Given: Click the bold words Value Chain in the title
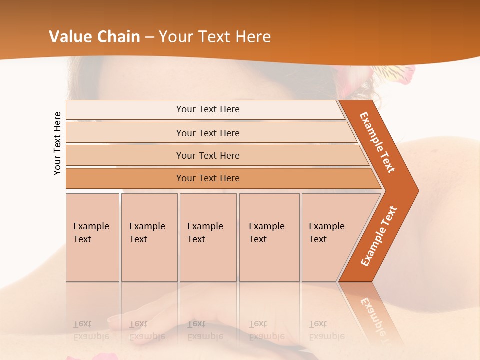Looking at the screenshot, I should tap(94, 37).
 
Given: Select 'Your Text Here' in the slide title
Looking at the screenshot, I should tap(215, 37).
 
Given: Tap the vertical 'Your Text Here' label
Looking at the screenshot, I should tap(57, 143).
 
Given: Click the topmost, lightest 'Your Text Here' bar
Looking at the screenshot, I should tap(207, 109).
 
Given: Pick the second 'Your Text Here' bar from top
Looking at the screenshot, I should tap(207, 133).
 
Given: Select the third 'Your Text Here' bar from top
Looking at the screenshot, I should tap(207, 155).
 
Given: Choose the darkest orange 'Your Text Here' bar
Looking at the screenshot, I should tap(207, 178).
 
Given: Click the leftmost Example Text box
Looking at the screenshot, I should tap(92, 237).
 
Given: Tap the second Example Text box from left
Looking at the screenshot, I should tap(149, 237).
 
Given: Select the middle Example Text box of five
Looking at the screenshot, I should tap(208, 237).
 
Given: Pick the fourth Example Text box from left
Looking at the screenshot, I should tap(269, 237).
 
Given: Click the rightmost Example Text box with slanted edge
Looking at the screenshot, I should tap(330, 237).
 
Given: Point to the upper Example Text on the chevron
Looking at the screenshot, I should tap(377, 142).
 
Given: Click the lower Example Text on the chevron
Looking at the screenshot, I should tap(379, 236).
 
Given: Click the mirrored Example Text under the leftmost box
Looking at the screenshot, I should tap(91, 330).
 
